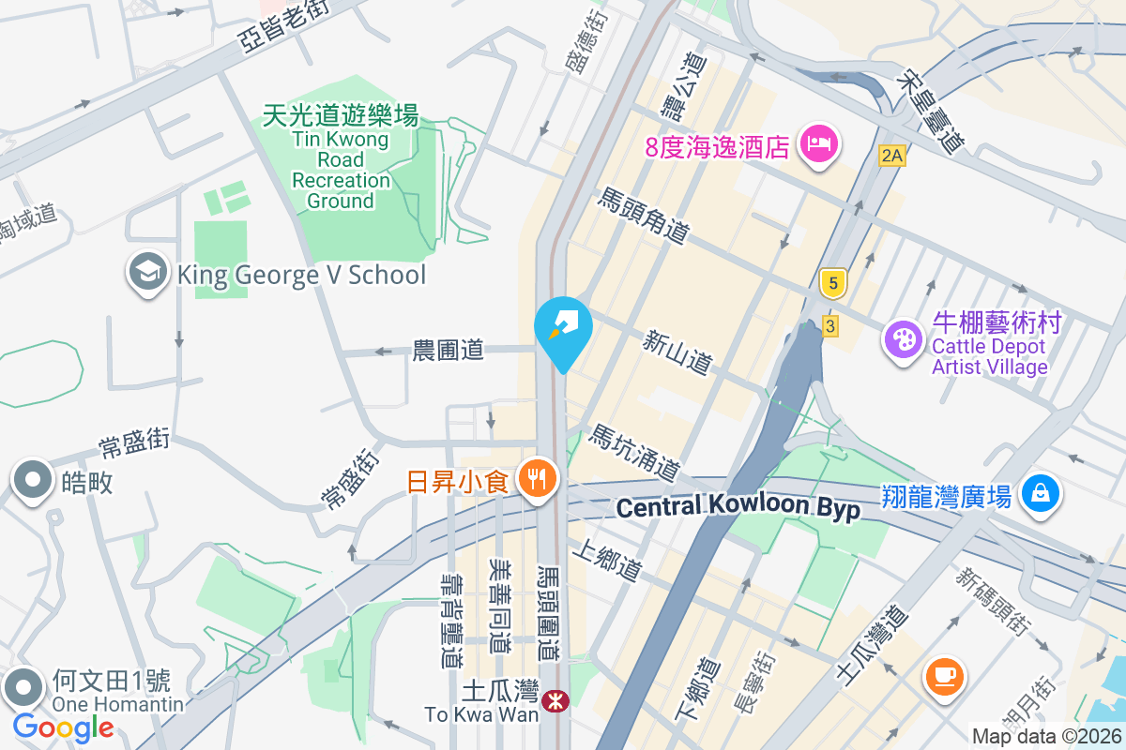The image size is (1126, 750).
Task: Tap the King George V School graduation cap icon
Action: pos(147,273)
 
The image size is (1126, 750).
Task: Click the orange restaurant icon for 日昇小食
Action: pos(537,481)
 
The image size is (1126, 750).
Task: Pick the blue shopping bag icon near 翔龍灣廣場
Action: pos(1040,493)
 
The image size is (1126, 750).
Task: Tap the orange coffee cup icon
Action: pos(945,677)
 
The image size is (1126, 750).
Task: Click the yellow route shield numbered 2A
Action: pos(891,157)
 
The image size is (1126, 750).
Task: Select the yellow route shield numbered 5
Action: pos(831,281)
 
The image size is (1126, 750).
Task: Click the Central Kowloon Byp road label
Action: pos(738,507)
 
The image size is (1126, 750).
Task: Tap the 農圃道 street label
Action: pos(449,351)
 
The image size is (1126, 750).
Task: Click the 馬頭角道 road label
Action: pos(645,216)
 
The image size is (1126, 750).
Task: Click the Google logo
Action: pos(63,727)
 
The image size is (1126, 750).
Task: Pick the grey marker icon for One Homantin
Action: pos(23,689)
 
